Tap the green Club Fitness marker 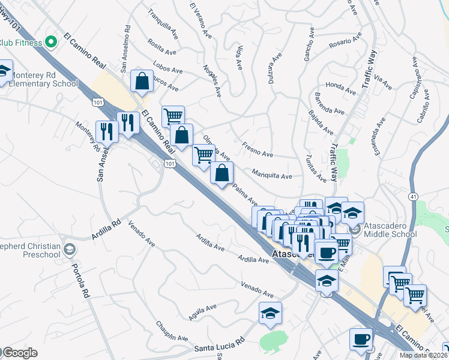[51, 42]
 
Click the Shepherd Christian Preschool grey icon [70, 249]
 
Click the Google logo [20, 353]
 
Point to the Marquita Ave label [272, 173]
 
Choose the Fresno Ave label [258, 149]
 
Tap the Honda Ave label [337, 86]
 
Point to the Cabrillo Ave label [423, 107]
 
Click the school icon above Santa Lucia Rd [271, 313]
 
